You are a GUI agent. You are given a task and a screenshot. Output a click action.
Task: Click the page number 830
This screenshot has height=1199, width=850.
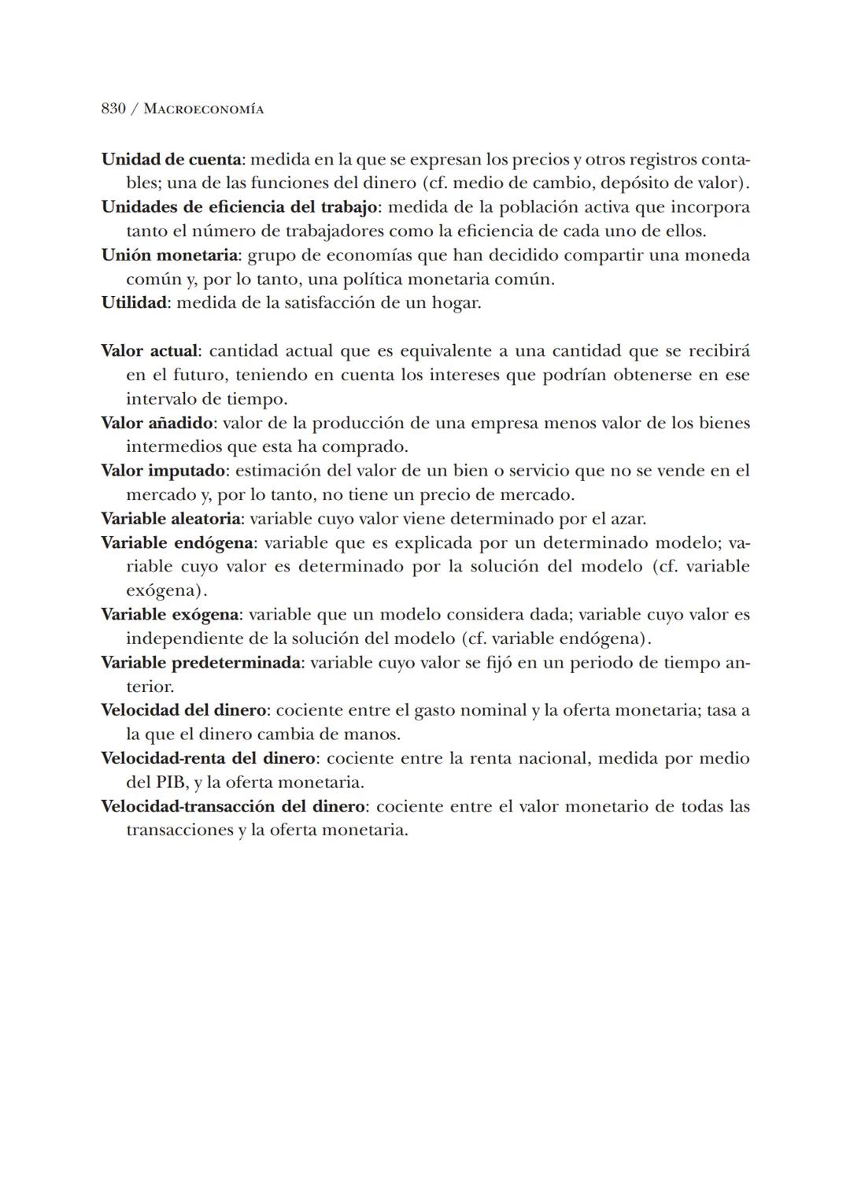tap(113, 109)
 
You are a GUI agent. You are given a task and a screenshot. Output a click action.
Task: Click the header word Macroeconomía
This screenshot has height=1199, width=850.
tap(204, 109)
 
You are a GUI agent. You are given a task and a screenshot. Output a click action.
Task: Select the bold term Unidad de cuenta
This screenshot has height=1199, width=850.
tap(171, 159)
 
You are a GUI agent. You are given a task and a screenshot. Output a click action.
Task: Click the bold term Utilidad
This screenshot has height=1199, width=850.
tap(134, 302)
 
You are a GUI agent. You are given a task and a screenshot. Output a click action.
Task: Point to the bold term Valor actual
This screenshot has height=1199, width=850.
tap(150, 350)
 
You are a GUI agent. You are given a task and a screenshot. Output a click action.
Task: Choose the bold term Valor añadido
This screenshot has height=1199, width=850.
tap(157, 423)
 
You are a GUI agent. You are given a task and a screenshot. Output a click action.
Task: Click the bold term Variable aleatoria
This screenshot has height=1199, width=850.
tap(171, 519)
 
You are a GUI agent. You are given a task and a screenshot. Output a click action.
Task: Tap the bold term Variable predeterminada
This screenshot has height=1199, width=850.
tap(201, 662)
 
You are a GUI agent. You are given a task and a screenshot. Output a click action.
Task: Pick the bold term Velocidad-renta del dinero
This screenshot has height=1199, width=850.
tap(209, 758)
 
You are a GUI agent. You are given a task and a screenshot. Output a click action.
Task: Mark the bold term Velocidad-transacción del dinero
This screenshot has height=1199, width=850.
tap(233, 806)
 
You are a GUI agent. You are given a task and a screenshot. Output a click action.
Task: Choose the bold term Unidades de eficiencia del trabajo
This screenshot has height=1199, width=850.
tap(239, 207)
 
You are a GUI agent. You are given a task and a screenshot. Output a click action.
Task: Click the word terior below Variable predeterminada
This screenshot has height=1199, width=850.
tap(150, 686)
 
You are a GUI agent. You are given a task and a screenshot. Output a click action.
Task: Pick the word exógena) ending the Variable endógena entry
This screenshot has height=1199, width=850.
tap(167, 590)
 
